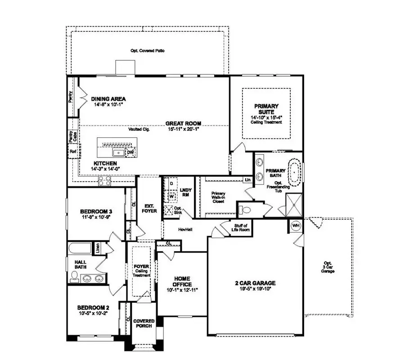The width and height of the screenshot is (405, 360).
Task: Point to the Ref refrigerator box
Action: (72, 152)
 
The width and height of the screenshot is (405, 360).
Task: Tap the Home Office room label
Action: (182, 282)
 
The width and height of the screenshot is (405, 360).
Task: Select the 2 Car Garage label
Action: (255, 283)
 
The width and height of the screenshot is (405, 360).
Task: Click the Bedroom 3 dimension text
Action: (95, 217)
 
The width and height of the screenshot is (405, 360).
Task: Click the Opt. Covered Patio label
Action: (147, 51)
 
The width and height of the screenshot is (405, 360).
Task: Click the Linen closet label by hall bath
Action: (96, 248)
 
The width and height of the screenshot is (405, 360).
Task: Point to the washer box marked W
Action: (171, 196)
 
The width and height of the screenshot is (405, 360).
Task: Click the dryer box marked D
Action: (171, 184)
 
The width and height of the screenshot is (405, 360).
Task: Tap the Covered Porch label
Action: (144, 323)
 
